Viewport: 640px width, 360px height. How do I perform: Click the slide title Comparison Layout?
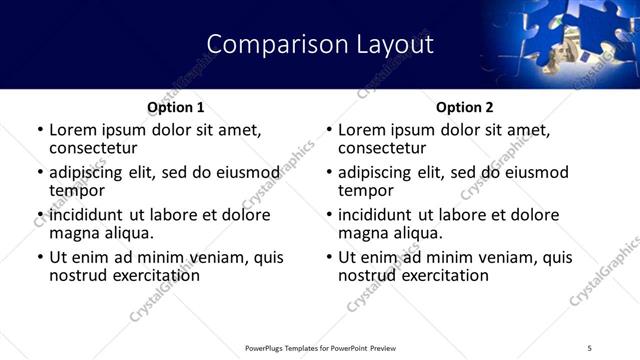click(320, 45)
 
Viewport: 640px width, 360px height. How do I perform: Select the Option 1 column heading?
click(176, 107)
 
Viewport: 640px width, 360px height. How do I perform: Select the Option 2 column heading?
click(465, 107)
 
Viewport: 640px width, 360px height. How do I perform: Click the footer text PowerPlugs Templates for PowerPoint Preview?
click(320, 347)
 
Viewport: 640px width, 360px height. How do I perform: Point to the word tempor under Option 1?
click(77, 190)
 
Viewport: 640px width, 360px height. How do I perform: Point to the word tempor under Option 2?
click(366, 190)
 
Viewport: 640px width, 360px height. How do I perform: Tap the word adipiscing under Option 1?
click(87, 172)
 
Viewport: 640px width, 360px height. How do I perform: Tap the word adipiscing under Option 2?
click(376, 172)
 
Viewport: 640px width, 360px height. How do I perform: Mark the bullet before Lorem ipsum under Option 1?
click(40, 130)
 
